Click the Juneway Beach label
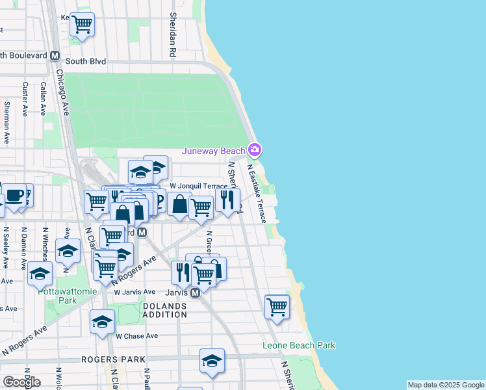[x=214, y=151]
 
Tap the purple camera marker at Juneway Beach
[x=255, y=151]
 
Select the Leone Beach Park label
[x=299, y=345]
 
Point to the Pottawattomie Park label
[x=67, y=296]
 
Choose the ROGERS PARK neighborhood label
[x=107, y=359]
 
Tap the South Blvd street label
[x=86, y=62]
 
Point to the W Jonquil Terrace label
[x=199, y=186]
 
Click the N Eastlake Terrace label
[x=257, y=192]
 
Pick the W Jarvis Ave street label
[x=134, y=292]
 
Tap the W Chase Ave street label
[x=136, y=336]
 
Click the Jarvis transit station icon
[x=194, y=293]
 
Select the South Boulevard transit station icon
[x=56, y=55]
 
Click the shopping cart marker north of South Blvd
[x=82, y=25]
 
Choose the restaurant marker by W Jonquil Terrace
[x=227, y=199]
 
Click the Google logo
[x=21, y=382]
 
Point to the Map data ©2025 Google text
[x=446, y=385]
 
